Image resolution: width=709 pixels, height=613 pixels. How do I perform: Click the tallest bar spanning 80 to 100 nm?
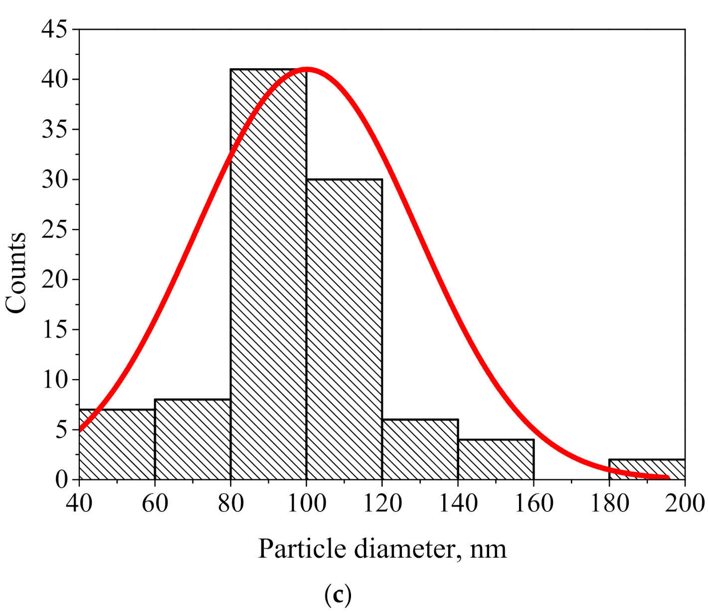click(x=268, y=274)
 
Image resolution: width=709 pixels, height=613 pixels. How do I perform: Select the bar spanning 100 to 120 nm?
click(x=344, y=329)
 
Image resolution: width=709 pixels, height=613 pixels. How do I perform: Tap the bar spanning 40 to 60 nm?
click(x=117, y=444)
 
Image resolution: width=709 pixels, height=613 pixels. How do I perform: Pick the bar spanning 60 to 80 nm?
click(x=192, y=439)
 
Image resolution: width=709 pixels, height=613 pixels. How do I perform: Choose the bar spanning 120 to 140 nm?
click(x=420, y=449)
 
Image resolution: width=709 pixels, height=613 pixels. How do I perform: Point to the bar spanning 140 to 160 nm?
click(x=496, y=459)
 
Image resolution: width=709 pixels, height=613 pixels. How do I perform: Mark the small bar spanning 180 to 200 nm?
click(x=647, y=469)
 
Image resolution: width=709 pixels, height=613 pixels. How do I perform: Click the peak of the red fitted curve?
click(x=307, y=69)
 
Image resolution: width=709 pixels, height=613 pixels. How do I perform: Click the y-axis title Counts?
click(x=16, y=273)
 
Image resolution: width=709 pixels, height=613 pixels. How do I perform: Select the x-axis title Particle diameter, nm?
click(x=382, y=549)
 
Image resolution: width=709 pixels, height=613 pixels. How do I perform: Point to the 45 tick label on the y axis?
click(x=54, y=29)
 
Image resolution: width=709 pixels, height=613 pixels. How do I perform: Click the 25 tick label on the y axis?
click(x=54, y=229)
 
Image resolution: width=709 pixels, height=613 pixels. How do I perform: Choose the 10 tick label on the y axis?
click(x=54, y=380)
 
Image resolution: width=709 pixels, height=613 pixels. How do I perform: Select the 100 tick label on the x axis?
click(x=307, y=504)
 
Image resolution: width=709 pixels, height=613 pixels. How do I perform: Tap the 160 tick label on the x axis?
click(x=533, y=504)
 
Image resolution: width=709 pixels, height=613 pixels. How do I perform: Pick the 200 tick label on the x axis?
click(x=684, y=504)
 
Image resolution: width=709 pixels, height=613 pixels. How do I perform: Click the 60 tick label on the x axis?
click(x=155, y=504)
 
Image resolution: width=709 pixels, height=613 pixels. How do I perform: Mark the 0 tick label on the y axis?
click(x=61, y=479)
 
